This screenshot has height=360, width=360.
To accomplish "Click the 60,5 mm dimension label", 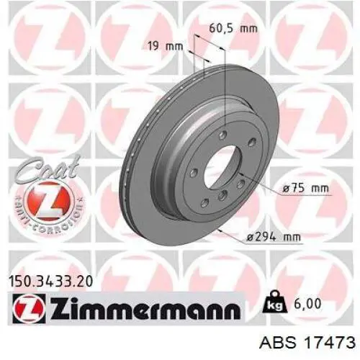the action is (x=233, y=29).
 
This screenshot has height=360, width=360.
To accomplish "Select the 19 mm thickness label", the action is (x=166, y=46).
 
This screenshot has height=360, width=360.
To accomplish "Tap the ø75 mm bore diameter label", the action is (x=305, y=188).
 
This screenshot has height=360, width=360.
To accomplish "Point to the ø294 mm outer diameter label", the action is (x=274, y=238).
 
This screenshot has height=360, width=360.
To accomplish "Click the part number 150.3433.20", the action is (x=50, y=282).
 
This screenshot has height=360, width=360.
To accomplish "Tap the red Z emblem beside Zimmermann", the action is (x=29, y=308).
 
